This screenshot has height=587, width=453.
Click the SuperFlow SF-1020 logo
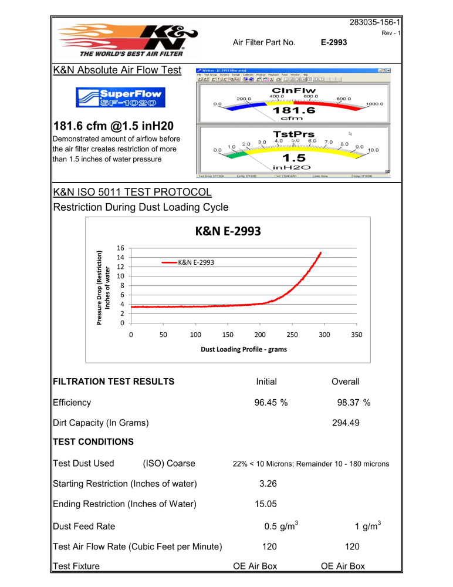119,97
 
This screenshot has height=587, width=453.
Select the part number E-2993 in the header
334,42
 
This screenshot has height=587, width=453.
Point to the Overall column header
345,382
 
